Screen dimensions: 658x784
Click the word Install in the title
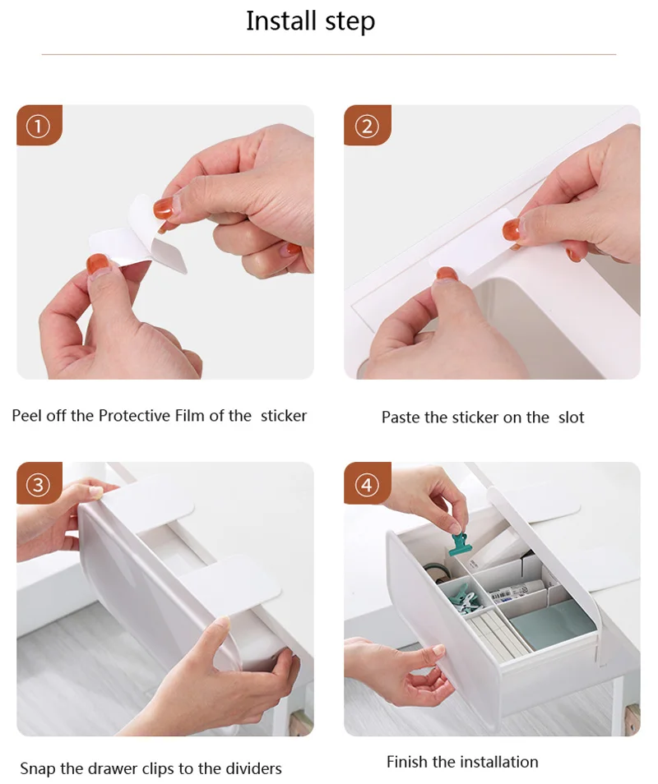coord(282,21)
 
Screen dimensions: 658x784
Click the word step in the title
coord(350,23)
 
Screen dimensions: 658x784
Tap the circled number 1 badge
coord(39,127)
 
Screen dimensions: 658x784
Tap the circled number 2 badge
coord(367,127)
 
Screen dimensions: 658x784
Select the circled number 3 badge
coord(39,485)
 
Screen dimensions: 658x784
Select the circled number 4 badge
coord(367,485)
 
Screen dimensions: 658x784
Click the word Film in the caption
coord(190,416)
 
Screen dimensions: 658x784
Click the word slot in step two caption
coord(572,417)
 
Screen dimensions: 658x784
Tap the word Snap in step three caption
coord(38,768)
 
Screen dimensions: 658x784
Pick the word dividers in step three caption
coord(253,768)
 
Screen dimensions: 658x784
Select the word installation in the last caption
coord(502,762)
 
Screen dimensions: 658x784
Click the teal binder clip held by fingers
coord(461,544)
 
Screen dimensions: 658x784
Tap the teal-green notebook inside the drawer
coord(553,625)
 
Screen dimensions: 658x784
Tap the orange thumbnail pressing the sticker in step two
coord(512,229)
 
